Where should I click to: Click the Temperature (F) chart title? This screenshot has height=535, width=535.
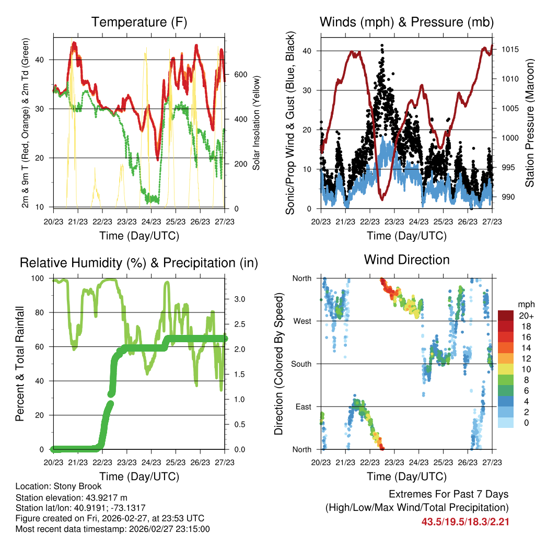(x=139, y=22)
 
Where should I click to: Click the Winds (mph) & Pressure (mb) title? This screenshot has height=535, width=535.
(x=407, y=22)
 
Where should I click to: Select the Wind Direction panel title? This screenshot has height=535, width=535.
(x=407, y=260)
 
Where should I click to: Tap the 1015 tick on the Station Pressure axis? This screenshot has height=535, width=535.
(x=509, y=50)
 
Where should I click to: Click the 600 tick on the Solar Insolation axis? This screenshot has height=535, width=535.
(x=240, y=75)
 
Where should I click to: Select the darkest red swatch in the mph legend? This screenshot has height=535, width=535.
(x=505, y=316)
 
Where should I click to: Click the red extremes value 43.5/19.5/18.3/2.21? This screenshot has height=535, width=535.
(x=465, y=521)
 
